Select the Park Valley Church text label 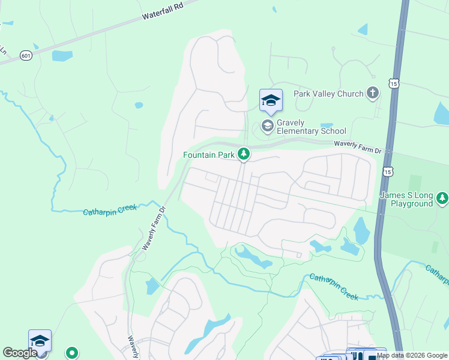tap(328, 94)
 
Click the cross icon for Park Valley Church tap(373, 93)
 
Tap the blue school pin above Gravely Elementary tap(271, 100)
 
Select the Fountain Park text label tap(208, 155)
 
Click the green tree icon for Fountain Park tap(243, 155)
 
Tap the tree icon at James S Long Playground tap(442, 197)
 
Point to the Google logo tap(20, 353)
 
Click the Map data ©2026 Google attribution tap(412, 355)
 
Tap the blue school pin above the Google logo tap(40, 341)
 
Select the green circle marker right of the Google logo tap(73, 352)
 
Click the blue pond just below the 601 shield tap(62, 56)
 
